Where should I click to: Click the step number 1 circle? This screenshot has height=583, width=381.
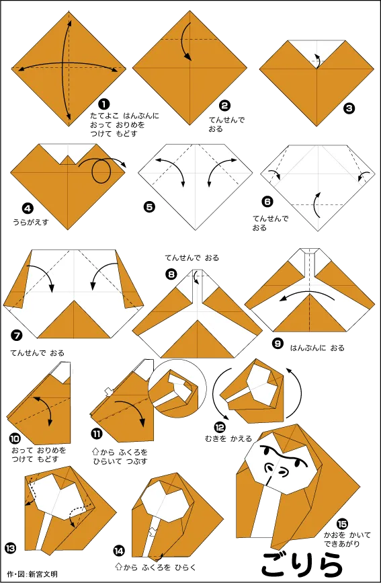click(104, 104)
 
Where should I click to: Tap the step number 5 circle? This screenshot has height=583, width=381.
click(149, 208)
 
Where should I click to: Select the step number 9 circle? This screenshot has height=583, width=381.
click(278, 344)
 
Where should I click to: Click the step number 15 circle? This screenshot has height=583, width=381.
click(342, 524)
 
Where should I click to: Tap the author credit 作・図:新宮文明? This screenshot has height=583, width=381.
click(32, 574)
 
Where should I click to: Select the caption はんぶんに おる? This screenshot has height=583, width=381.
click(317, 348)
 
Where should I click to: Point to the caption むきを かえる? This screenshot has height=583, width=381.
click(228, 438)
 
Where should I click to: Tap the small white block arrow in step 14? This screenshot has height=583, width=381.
click(153, 531)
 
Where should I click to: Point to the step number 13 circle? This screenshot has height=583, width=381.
click(11, 547)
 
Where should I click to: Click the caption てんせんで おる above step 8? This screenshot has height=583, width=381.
click(192, 258)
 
